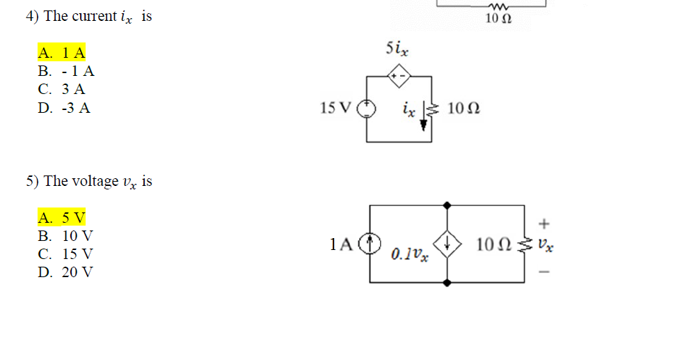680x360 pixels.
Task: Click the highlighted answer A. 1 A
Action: [x=61, y=52]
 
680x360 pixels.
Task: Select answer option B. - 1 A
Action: [x=66, y=71]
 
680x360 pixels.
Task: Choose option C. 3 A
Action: [x=61, y=89]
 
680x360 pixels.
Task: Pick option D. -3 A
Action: [x=64, y=107]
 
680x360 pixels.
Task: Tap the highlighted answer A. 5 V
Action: [x=61, y=217]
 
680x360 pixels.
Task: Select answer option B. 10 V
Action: [x=65, y=236]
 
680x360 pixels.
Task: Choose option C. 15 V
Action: [x=65, y=254]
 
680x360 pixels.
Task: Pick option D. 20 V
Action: [x=65, y=272]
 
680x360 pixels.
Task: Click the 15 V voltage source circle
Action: [x=367, y=109]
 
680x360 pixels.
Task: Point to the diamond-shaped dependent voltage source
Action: [x=399, y=76]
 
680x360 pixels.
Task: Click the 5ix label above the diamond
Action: [x=397, y=49]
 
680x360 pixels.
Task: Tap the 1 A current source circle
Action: [x=370, y=243]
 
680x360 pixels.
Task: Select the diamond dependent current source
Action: [x=447, y=244]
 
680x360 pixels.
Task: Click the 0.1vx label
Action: [x=409, y=254]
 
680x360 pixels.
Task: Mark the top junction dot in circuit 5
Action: [x=447, y=205]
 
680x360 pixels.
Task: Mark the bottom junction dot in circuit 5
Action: [x=447, y=283]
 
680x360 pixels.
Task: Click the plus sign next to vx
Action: [x=544, y=224]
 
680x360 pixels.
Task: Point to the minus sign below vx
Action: [x=544, y=272]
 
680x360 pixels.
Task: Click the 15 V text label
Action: [x=335, y=107]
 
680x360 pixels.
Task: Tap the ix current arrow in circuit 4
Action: [x=424, y=117]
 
